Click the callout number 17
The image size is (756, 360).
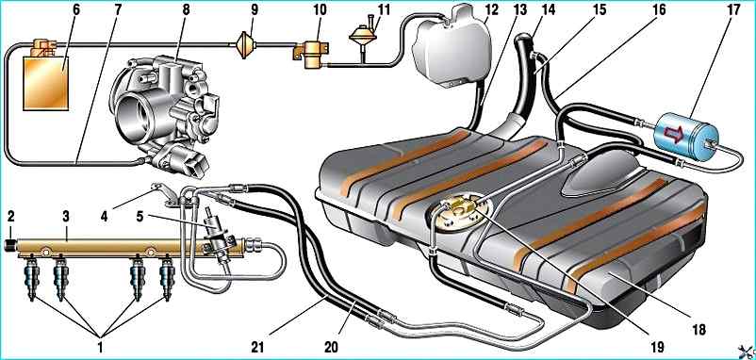pyautogui.click(x=733, y=10)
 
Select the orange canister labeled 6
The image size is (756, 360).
pyautogui.click(x=46, y=83)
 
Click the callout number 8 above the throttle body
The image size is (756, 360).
pyautogui.click(x=186, y=10)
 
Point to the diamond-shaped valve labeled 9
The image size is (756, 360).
pyautogui.click(x=245, y=45)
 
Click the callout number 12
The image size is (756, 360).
pyautogui.click(x=492, y=10)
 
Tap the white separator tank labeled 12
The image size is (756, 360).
pyautogui.click(x=451, y=48)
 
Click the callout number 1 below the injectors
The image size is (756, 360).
pyautogui.click(x=100, y=347)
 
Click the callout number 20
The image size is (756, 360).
pyautogui.click(x=331, y=347)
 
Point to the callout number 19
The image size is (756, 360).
pyautogui.click(x=657, y=346)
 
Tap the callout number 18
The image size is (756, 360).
pyautogui.click(x=698, y=329)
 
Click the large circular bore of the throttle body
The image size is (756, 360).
pyautogui.click(x=131, y=116)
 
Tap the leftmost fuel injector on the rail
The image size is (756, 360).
pyautogui.click(x=32, y=281)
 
